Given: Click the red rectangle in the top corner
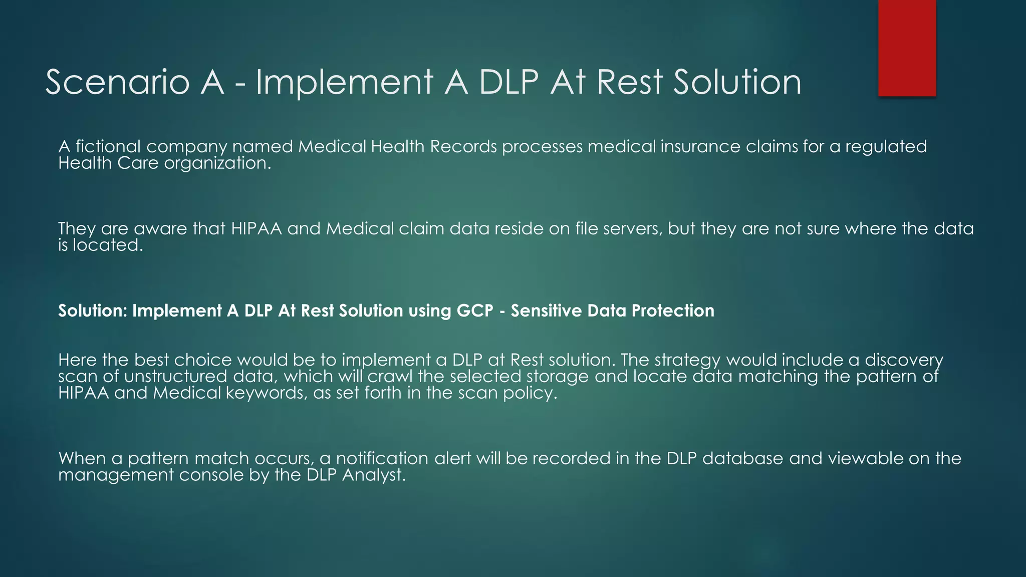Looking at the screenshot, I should coord(907,48).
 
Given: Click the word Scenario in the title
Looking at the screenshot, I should coord(117,82).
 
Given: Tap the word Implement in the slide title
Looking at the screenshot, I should coord(344,82).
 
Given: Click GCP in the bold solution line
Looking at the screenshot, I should coord(474,311).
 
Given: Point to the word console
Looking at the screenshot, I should coord(211,475).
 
